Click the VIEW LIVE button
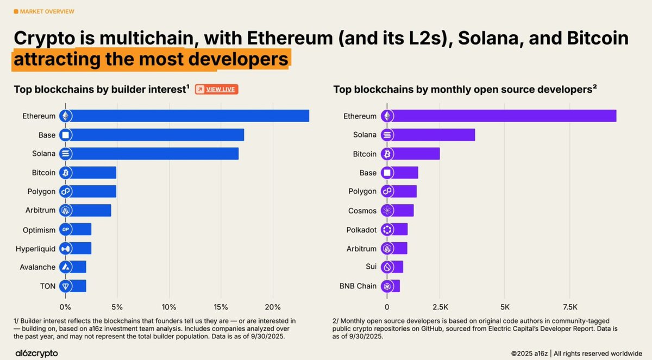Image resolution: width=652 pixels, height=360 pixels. pos(216,89)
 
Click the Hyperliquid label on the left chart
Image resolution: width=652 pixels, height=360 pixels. pos(35,249)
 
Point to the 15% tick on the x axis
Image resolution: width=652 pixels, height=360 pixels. pos(221,300)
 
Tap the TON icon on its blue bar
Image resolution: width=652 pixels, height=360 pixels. pos(66,286)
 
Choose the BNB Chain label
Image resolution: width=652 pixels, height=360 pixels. pos(359,286)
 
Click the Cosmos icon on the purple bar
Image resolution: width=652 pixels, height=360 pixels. pos(387,211)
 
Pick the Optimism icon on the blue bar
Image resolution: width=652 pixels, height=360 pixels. pos(66,230)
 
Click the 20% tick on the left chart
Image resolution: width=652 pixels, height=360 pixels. pos(273,300)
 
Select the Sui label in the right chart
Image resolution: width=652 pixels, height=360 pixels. pos(371,267)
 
